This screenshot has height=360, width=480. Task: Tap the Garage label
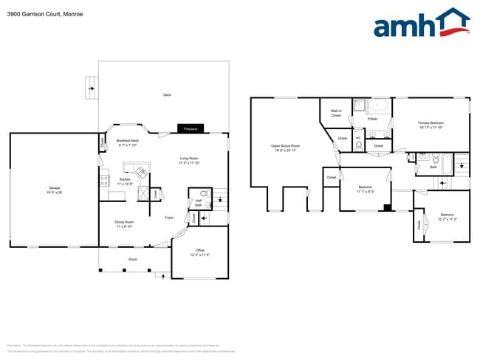[x=54, y=190]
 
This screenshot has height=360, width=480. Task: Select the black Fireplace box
[x=191, y=128]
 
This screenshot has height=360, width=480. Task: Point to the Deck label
[x=167, y=95]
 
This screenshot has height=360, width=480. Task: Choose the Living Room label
[x=189, y=160]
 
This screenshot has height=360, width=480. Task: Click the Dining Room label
[x=124, y=224]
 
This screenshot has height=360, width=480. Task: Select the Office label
[x=199, y=252]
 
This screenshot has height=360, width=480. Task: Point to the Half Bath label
[x=198, y=203]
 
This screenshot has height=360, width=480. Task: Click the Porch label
[x=133, y=259]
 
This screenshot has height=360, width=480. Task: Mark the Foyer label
[x=169, y=217]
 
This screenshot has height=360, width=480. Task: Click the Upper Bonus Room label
[x=285, y=148]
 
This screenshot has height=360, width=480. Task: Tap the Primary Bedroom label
[x=431, y=125]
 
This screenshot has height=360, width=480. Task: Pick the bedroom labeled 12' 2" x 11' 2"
[x=447, y=217]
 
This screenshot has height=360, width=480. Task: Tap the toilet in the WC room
[x=358, y=145]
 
